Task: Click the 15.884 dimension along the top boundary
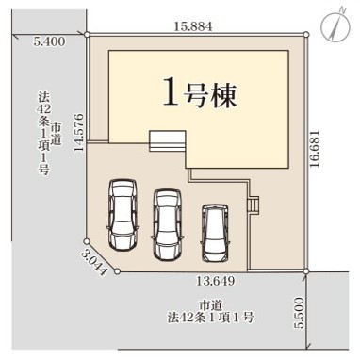[x=193, y=26]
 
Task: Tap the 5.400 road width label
[x=50, y=41]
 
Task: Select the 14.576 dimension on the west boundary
[x=79, y=133]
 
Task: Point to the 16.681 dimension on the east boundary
[x=315, y=149]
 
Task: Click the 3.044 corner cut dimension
[x=93, y=263]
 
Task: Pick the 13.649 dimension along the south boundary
[x=216, y=281]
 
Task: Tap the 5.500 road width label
[x=300, y=313]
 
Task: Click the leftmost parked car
[x=123, y=215]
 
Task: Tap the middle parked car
[x=167, y=223]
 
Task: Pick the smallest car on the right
[x=215, y=233]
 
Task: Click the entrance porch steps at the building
[x=168, y=141]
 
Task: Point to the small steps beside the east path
[x=254, y=205]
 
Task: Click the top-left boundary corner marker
[x=87, y=34]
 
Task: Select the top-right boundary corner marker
[x=306, y=34]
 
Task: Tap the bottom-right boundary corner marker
[x=306, y=271]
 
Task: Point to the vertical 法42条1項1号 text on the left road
[x=43, y=133]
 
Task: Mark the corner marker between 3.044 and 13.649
[x=117, y=271]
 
